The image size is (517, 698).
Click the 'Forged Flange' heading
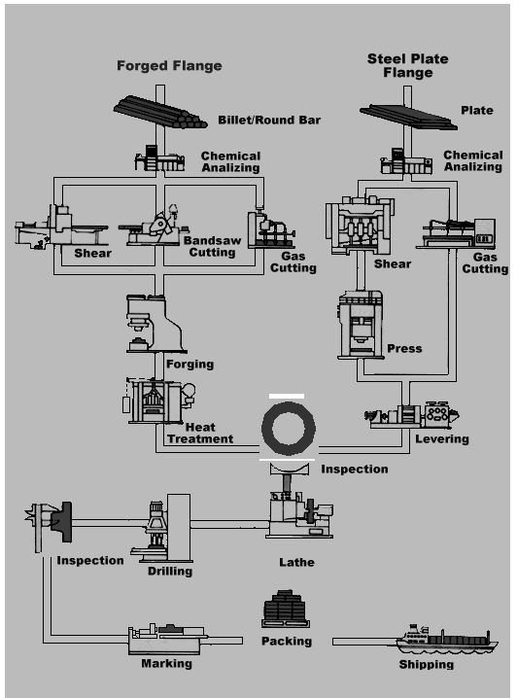[x=169, y=66]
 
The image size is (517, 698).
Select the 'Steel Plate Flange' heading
[x=407, y=66]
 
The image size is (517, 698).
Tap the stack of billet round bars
[x=160, y=112]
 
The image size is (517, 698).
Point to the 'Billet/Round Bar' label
[x=269, y=120]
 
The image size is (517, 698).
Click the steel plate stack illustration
[x=408, y=118]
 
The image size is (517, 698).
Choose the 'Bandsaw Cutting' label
[x=212, y=246]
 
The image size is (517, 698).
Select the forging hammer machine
[x=155, y=324]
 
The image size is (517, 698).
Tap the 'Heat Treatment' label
[x=200, y=434]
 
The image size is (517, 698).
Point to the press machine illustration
[x=360, y=325]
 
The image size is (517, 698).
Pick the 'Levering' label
[x=442, y=439]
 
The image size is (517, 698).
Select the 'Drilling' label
[x=170, y=571]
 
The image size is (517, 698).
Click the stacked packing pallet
[x=285, y=609]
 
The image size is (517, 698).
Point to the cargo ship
[x=447, y=640]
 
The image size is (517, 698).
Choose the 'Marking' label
[x=166, y=664]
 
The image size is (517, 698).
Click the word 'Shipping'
[x=427, y=665]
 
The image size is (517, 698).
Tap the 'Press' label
[x=404, y=349]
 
